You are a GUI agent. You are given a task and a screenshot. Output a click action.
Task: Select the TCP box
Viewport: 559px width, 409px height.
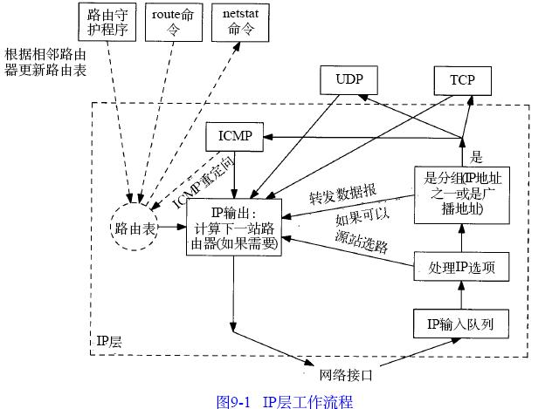point(462,80)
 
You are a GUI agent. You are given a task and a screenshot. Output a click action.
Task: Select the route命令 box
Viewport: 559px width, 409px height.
point(171,24)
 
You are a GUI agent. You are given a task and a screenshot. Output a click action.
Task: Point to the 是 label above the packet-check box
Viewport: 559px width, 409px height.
point(476,157)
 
